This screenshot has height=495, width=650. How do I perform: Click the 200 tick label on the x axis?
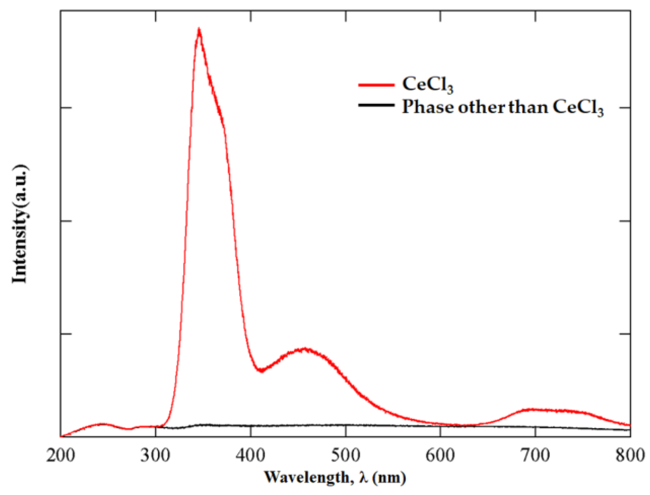61,455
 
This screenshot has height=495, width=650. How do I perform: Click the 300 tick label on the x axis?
155,455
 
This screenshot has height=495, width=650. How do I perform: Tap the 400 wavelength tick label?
251,455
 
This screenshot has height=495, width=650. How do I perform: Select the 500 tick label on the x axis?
345,455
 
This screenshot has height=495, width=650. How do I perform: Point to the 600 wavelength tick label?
440,455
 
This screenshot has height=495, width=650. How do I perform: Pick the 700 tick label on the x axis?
536,455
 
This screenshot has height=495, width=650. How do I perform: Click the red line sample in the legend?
376,85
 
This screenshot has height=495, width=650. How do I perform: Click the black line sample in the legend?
376,105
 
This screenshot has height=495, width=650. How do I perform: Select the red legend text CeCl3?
427,84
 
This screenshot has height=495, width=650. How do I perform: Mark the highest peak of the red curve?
199,30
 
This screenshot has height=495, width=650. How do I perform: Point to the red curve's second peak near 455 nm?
305,349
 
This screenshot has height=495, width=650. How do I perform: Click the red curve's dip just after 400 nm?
260,371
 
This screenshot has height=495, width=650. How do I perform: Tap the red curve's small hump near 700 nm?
534,410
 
